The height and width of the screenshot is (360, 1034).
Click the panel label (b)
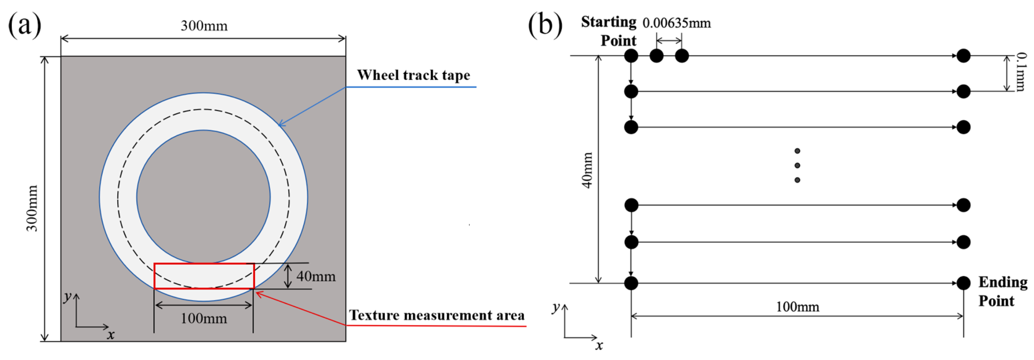point(545,25)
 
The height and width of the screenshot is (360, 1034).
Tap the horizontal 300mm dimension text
point(204,26)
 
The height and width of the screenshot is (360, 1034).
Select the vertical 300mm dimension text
point(32,208)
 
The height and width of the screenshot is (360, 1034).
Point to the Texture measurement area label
point(436,315)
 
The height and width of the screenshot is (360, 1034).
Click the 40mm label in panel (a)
point(315,276)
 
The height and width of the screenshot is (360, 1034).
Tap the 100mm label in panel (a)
point(203,319)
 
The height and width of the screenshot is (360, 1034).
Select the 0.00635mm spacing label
point(676,23)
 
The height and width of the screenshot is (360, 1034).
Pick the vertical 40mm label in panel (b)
point(587,170)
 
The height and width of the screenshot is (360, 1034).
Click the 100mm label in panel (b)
point(797,307)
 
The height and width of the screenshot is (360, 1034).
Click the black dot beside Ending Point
point(963,283)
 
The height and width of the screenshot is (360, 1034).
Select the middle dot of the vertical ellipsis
point(797,165)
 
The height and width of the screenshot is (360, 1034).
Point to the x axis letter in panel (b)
point(599,345)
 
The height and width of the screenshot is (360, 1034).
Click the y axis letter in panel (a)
point(67,297)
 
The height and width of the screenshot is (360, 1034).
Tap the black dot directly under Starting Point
point(631,56)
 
